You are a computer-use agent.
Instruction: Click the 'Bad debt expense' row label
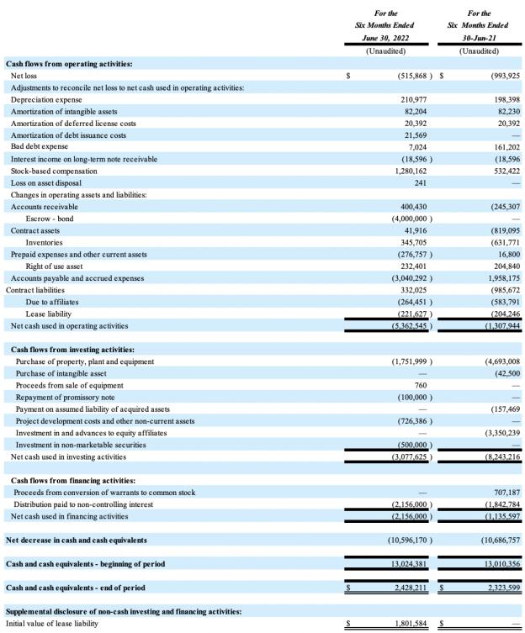39,147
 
